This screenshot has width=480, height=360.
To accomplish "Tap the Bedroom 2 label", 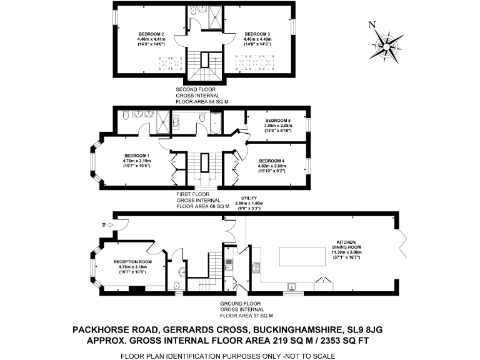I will click(151, 34).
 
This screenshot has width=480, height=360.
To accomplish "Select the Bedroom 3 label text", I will click(257, 34).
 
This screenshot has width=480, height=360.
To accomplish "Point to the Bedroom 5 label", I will click(277, 121).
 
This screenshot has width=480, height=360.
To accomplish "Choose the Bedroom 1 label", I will click(136, 156).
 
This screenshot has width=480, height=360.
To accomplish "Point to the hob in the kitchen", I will click(256, 269).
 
